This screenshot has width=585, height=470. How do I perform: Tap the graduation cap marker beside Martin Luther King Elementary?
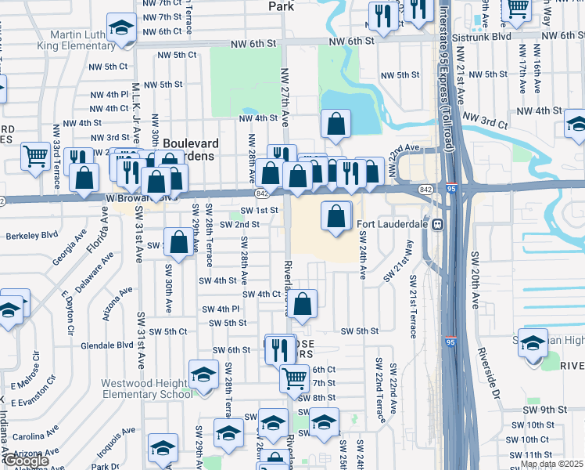coord(121,31)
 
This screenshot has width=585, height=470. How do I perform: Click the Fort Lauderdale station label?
coord(394,224)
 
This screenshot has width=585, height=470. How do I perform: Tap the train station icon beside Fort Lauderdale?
coord(439,224)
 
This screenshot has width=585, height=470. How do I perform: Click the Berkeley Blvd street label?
coord(32,235)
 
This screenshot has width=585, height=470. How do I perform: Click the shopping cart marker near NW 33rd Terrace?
coord(35,155)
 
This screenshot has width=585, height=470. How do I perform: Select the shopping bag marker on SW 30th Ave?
coord(179,242)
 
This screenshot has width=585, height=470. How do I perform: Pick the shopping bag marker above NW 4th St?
coord(336,124)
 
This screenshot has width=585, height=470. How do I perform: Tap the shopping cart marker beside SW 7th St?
coord(295,379)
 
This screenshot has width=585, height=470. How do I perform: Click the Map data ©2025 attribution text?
coord(553,465)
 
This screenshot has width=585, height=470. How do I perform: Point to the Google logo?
coord(25,461)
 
